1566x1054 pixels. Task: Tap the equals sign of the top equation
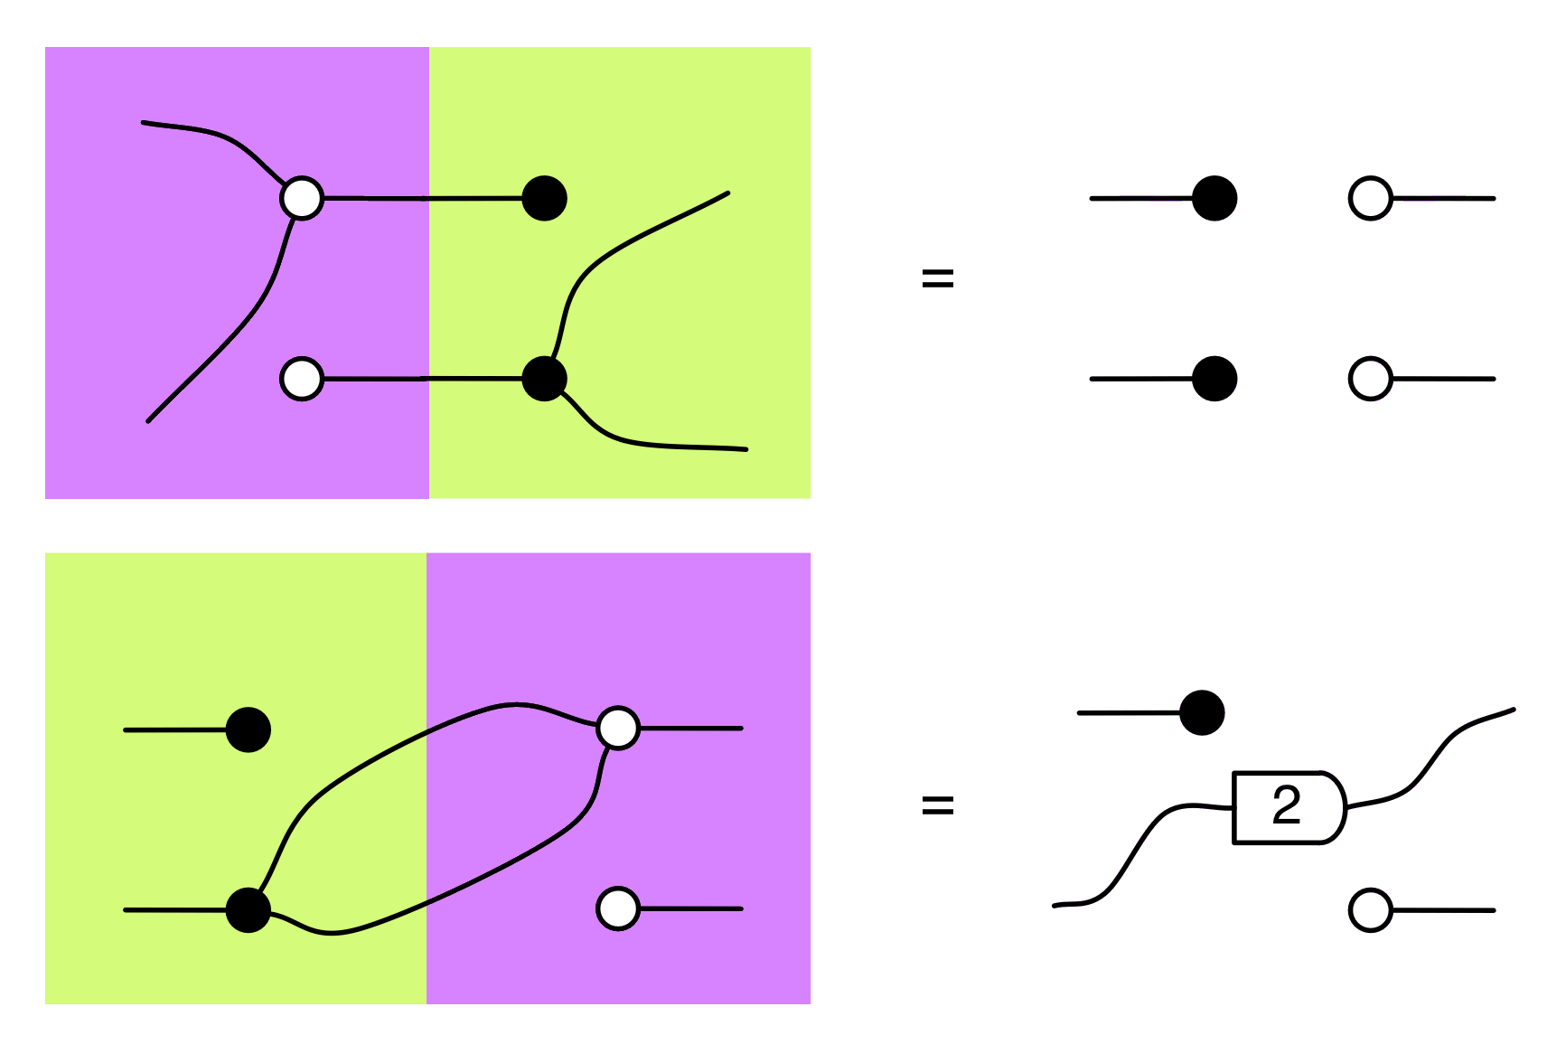(x=937, y=278)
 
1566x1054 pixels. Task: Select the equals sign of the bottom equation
(x=937, y=805)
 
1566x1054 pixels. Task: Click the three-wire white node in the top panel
(x=302, y=198)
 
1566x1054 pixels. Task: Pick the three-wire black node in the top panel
(x=544, y=378)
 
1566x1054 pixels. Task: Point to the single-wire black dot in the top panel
(x=544, y=198)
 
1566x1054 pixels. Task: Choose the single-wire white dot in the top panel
(x=302, y=379)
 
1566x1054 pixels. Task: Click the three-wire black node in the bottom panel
(x=248, y=909)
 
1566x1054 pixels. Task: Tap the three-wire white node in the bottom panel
(x=618, y=728)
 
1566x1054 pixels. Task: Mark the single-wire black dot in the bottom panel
(x=248, y=729)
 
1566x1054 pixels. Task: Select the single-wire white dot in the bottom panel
(x=618, y=908)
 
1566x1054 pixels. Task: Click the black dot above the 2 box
(x=1202, y=713)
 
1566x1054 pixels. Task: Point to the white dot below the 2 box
(x=1370, y=910)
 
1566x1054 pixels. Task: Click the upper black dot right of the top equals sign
(x=1214, y=198)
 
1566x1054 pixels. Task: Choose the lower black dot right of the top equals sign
(x=1214, y=379)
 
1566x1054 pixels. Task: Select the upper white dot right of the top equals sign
(x=1370, y=198)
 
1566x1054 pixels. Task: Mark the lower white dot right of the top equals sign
(x=1370, y=379)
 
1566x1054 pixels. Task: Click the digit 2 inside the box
(x=1286, y=805)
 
